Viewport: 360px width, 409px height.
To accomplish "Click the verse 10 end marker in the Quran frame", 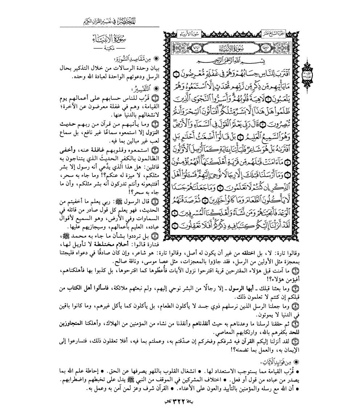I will (173, 228).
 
